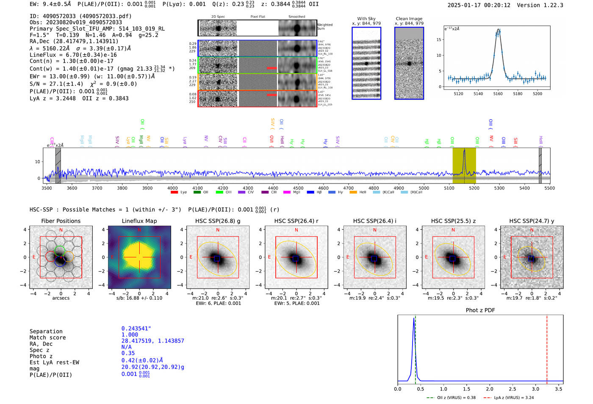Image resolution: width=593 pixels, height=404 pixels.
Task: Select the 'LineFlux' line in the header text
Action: click(x=73, y=55)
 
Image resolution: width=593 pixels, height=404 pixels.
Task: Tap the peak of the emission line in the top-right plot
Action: click(x=498, y=30)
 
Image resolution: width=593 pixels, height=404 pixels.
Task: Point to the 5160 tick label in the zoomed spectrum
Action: click(x=498, y=94)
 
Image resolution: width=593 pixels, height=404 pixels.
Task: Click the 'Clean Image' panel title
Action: click(x=409, y=19)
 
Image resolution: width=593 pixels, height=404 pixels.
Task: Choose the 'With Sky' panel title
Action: click(x=366, y=19)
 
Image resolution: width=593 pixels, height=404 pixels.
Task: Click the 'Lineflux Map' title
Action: click(x=139, y=221)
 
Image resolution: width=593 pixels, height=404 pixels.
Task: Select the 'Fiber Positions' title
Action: click(x=61, y=221)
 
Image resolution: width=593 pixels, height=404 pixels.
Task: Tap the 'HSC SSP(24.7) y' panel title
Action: click(x=532, y=221)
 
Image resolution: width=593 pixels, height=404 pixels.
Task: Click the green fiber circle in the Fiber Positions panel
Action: click(x=60, y=251)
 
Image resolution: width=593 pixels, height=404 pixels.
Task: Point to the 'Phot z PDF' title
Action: click(x=480, y=310)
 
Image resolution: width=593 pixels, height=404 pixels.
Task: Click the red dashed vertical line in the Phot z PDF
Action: click(x=547, y=348)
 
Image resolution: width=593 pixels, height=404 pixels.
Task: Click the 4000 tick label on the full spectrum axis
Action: click(x=172, y=188)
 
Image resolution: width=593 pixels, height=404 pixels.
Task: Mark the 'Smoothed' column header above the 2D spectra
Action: click(x=296, y=17)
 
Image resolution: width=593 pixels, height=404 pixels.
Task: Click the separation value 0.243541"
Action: click(x=136, y=329)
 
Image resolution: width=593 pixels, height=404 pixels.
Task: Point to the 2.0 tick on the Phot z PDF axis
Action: click(x=490, y=389)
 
